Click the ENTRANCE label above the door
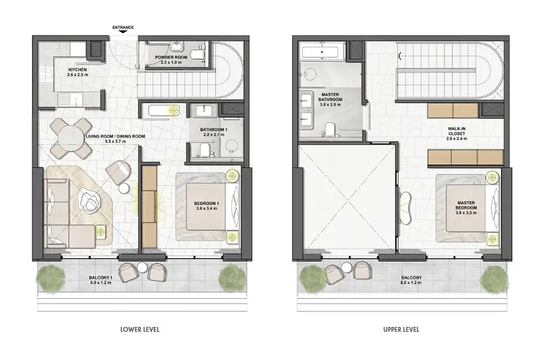pyautogui.click(x=123, y=27)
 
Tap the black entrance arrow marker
pyautogui.click(x=123, y=32)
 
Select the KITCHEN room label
pyautogui.click(x=77, y=70)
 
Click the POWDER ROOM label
pyautogui.click(x=171, y=57)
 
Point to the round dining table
pyautogui.click(x=71, y=138)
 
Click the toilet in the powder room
pyautogui.click(x=197, y=54)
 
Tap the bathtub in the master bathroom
pyautogui.click(x=320, y=52)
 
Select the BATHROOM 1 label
pyautogui.click(x=213, y=130)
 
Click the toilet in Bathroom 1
pyautogui.click(x=204, y=150)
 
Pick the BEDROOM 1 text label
pyautogui.click(x=207, y=203)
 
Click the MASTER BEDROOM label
pyautogui.click(x=466, y=205)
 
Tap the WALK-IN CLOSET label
pyautogui.click(x=456, y=131)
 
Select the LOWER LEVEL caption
pyautogui.click(x=140, y=329)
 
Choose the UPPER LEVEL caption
pyautogui.click(x=401, y=329)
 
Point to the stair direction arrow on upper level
pyautogui.click(x=400, y=56)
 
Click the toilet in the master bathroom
pyautogui.click(x=330, y=130)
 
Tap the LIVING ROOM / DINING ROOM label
pyautogui.click(x=116, y=136)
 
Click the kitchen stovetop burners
pyautogui.click(x=47, y=75)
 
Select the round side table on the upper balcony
pyautogui.click(x=347, y=266)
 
